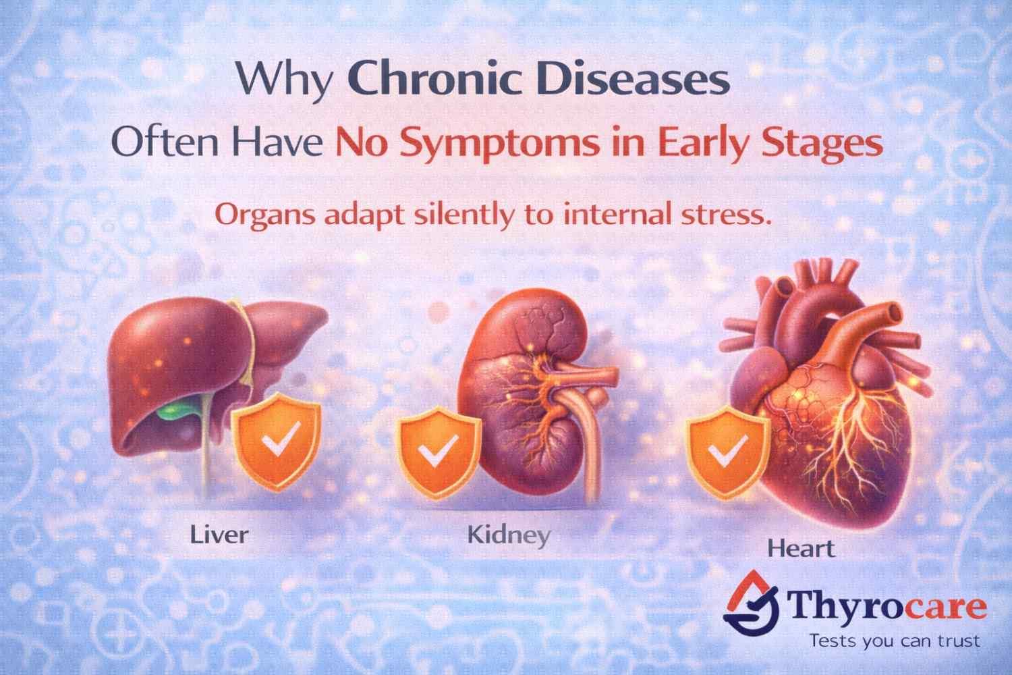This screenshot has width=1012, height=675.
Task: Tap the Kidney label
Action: (509, 535)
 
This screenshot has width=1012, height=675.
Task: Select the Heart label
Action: (801, 547)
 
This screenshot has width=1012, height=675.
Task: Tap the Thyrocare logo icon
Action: (752, 605)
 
